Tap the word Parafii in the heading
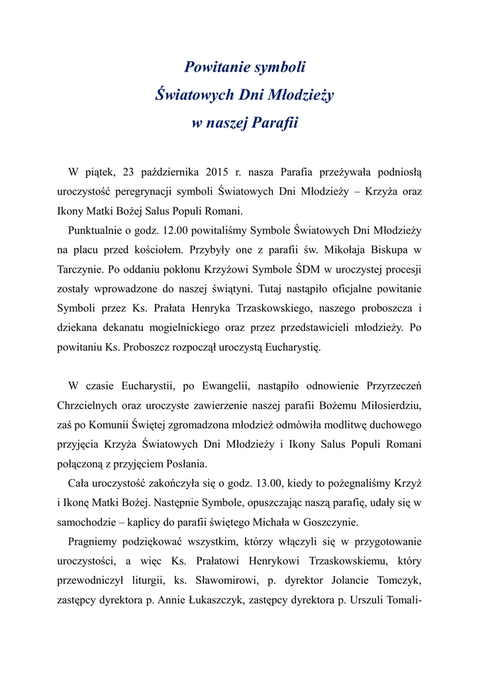(x=273, y=123)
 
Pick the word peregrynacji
(x=144, y=193)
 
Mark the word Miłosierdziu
(x=385, y=405)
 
